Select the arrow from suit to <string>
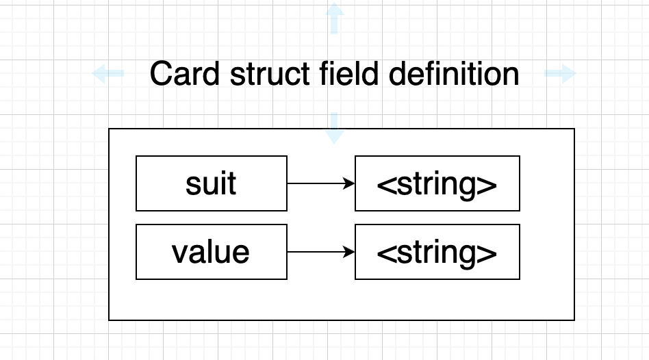click(318, 183)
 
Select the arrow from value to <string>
click(318, 252)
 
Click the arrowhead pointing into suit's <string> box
click(351, 183)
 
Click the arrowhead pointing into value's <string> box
click(351, 252)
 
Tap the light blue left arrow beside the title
click(107, 73)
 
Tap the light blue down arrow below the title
click(334, 128)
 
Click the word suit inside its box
click(212, 184)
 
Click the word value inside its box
click(212, 253)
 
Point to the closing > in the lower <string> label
click(488, 253)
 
